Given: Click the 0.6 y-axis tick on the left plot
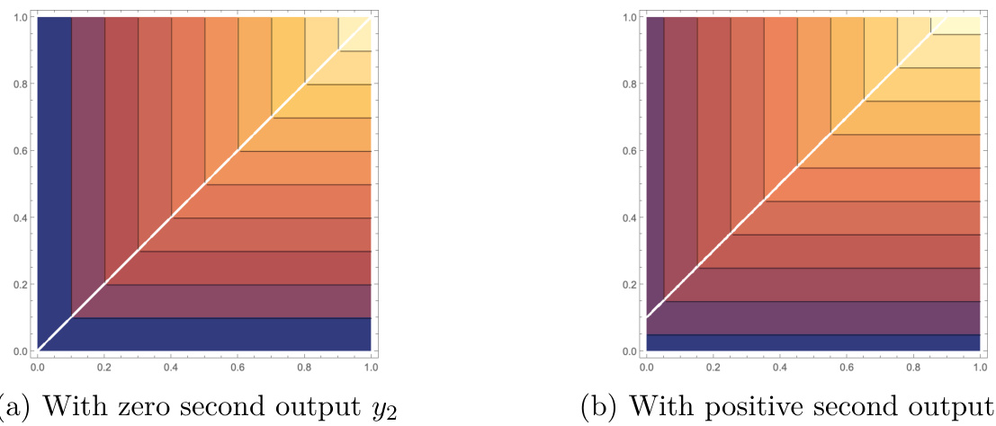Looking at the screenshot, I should point(17,150).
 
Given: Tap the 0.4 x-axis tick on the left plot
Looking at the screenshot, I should point(171,367).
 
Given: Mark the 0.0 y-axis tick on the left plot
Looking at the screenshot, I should point(17,351).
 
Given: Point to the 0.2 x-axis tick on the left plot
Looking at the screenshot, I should point(104,367).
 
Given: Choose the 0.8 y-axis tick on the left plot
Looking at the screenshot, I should point(17,84).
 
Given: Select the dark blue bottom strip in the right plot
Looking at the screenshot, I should point(810,342).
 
